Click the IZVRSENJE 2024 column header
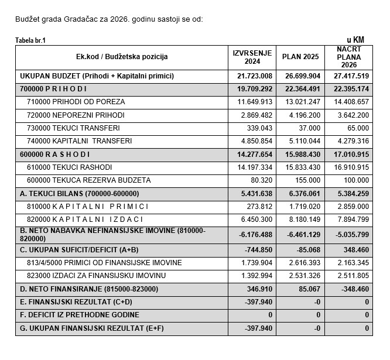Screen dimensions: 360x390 tap(253, 57)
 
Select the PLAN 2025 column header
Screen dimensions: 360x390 tap(301, 57)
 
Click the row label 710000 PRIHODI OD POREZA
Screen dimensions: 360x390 tap(76, 102)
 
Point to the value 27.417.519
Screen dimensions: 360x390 tap(352, 76)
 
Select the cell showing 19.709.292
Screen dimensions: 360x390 tap(255, 89)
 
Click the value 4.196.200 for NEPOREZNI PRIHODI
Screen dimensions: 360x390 tap(304, 115)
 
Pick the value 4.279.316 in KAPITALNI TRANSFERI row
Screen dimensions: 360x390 tap(352, 141)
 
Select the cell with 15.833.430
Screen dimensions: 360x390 tap(302, 167)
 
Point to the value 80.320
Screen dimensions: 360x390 tap(261, 180)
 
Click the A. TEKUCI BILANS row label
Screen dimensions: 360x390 tap(79, 194)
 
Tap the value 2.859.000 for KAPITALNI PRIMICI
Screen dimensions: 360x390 tap(352, 207)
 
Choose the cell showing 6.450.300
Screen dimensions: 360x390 tap(256, 220)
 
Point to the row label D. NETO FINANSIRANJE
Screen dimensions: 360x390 tap(88, 289)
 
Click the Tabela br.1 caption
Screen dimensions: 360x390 tap(30, 40)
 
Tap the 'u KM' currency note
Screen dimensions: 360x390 tap(355, 39)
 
